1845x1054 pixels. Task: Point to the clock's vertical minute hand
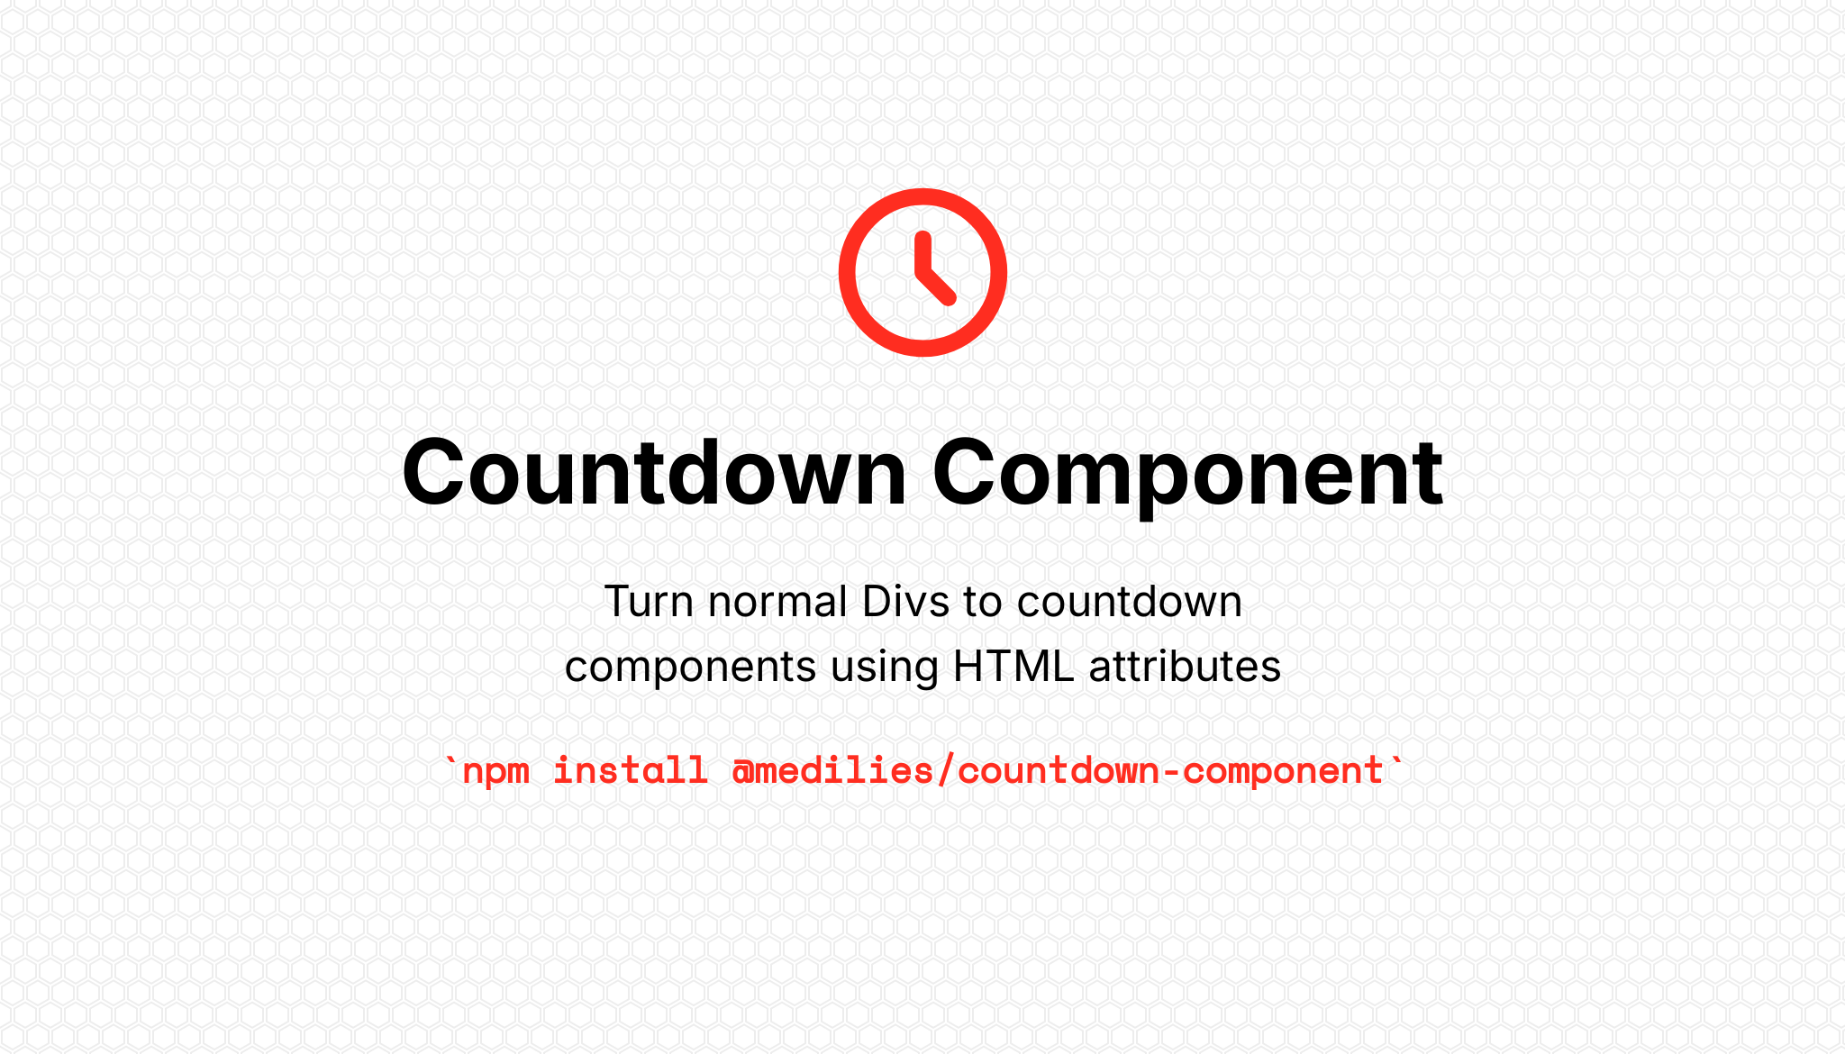[922, 253]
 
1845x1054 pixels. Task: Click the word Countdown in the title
[654, 473]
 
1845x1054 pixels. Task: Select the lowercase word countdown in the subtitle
[1130, 601]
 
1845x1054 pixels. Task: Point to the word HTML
[1013, 667]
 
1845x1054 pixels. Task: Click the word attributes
[1185, 667]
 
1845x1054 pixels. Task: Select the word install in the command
[631, 770]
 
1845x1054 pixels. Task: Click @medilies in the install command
[832, 771]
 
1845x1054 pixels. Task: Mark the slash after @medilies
[946, 771]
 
